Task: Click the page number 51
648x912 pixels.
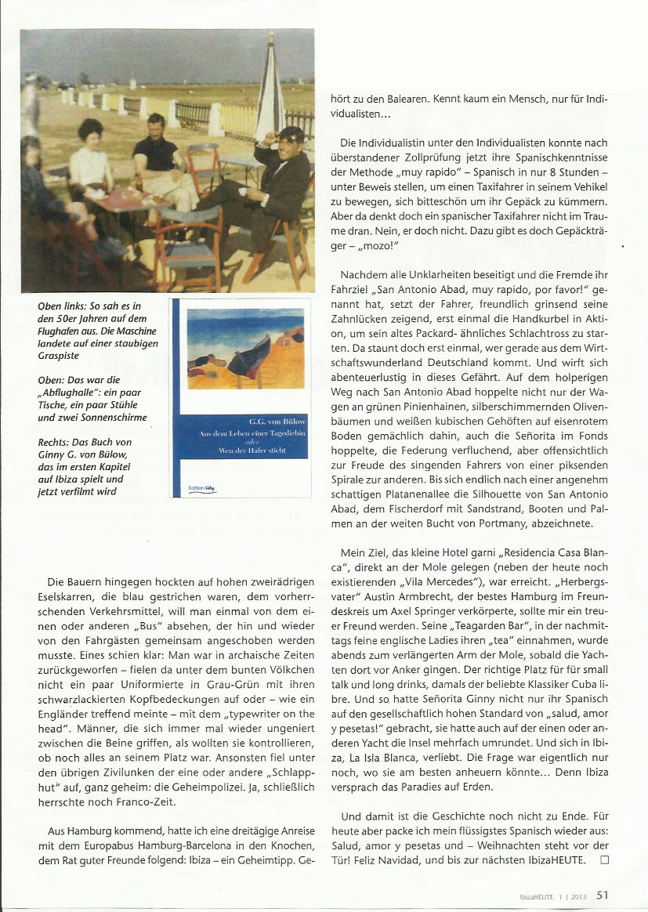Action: [603, 893]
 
